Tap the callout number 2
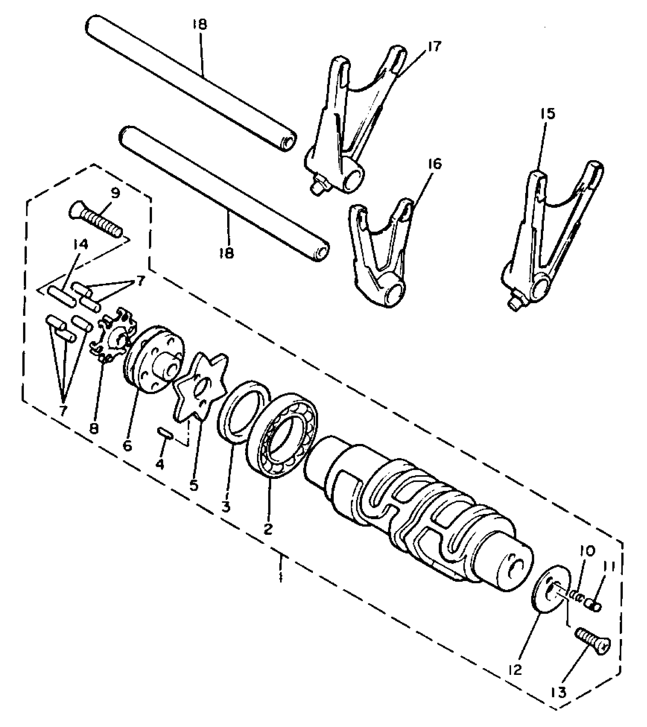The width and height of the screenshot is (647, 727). click(268, 529)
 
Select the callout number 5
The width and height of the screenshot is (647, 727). click(194, 485)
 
